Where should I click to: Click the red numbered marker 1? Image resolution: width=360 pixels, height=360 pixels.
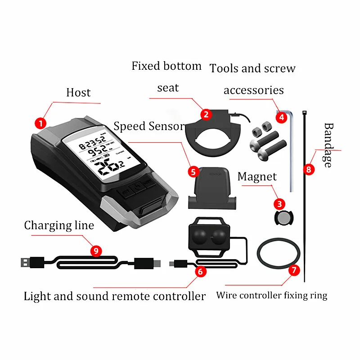(41, 122)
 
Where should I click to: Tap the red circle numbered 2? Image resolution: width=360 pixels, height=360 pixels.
(206, 114)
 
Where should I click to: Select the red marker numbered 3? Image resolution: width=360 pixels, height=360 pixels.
(280, 204)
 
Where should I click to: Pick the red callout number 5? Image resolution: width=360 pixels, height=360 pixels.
(193, 171)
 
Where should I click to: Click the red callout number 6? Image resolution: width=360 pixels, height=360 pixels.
(200, 271)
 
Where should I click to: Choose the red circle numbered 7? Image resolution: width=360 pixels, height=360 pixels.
(294, 270)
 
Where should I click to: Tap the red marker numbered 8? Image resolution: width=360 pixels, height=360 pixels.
(308, 170)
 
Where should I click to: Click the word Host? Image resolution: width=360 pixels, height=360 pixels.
(78, 93)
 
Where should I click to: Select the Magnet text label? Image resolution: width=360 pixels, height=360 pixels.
(257, 177)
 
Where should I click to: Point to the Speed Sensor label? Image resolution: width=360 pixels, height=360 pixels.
(149, 126)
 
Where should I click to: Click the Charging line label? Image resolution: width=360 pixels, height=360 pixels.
(59, 225)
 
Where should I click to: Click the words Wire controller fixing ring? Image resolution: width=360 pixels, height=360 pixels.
(271, 296)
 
